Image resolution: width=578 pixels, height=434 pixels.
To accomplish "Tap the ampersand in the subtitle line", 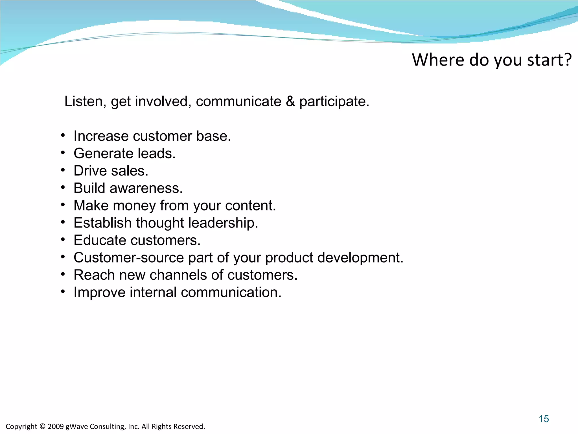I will point(290,101).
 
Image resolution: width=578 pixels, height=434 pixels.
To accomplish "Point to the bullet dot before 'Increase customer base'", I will point(63,136).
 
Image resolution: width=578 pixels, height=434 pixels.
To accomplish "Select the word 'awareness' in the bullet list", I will point(146,188).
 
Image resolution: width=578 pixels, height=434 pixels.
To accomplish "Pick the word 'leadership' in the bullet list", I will point(223,223).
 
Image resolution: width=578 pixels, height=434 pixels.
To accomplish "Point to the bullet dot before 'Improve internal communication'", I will point(63,292).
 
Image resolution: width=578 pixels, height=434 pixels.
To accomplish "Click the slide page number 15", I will point(544,419).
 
